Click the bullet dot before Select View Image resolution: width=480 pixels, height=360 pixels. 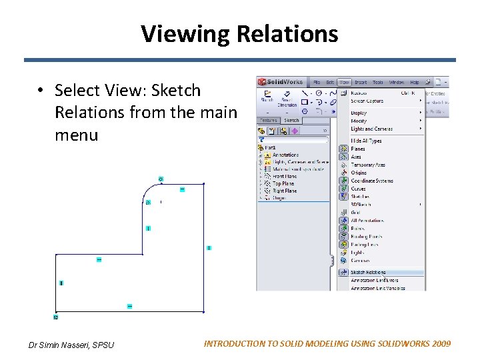pos(41,90)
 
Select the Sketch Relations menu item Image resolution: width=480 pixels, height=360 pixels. pos(368,272)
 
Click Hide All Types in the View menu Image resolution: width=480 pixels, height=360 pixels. pos(366,141)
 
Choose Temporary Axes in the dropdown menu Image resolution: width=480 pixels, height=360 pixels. pos(368,165)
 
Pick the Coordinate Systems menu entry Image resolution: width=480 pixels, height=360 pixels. pos(371,181)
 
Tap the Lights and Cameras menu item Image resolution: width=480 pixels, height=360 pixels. pos(371,129)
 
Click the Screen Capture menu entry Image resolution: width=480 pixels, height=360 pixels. pos(367,101)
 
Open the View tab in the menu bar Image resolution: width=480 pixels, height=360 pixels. pos(344,82)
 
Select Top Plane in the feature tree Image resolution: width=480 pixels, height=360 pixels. pos(283,183)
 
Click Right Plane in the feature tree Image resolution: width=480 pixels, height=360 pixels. pos(284,191)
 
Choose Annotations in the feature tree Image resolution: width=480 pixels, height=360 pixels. pos(285,155)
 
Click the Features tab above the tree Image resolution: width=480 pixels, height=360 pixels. pos(269,121)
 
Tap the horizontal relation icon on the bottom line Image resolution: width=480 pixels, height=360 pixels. pos(129,306)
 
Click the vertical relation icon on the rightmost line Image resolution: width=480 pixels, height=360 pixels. pos(209,248)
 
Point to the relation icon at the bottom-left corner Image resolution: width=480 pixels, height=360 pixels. pos(56,317)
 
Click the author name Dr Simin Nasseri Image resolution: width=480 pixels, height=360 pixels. pos(71,345)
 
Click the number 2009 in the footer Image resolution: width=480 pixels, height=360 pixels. pos(441,344)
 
